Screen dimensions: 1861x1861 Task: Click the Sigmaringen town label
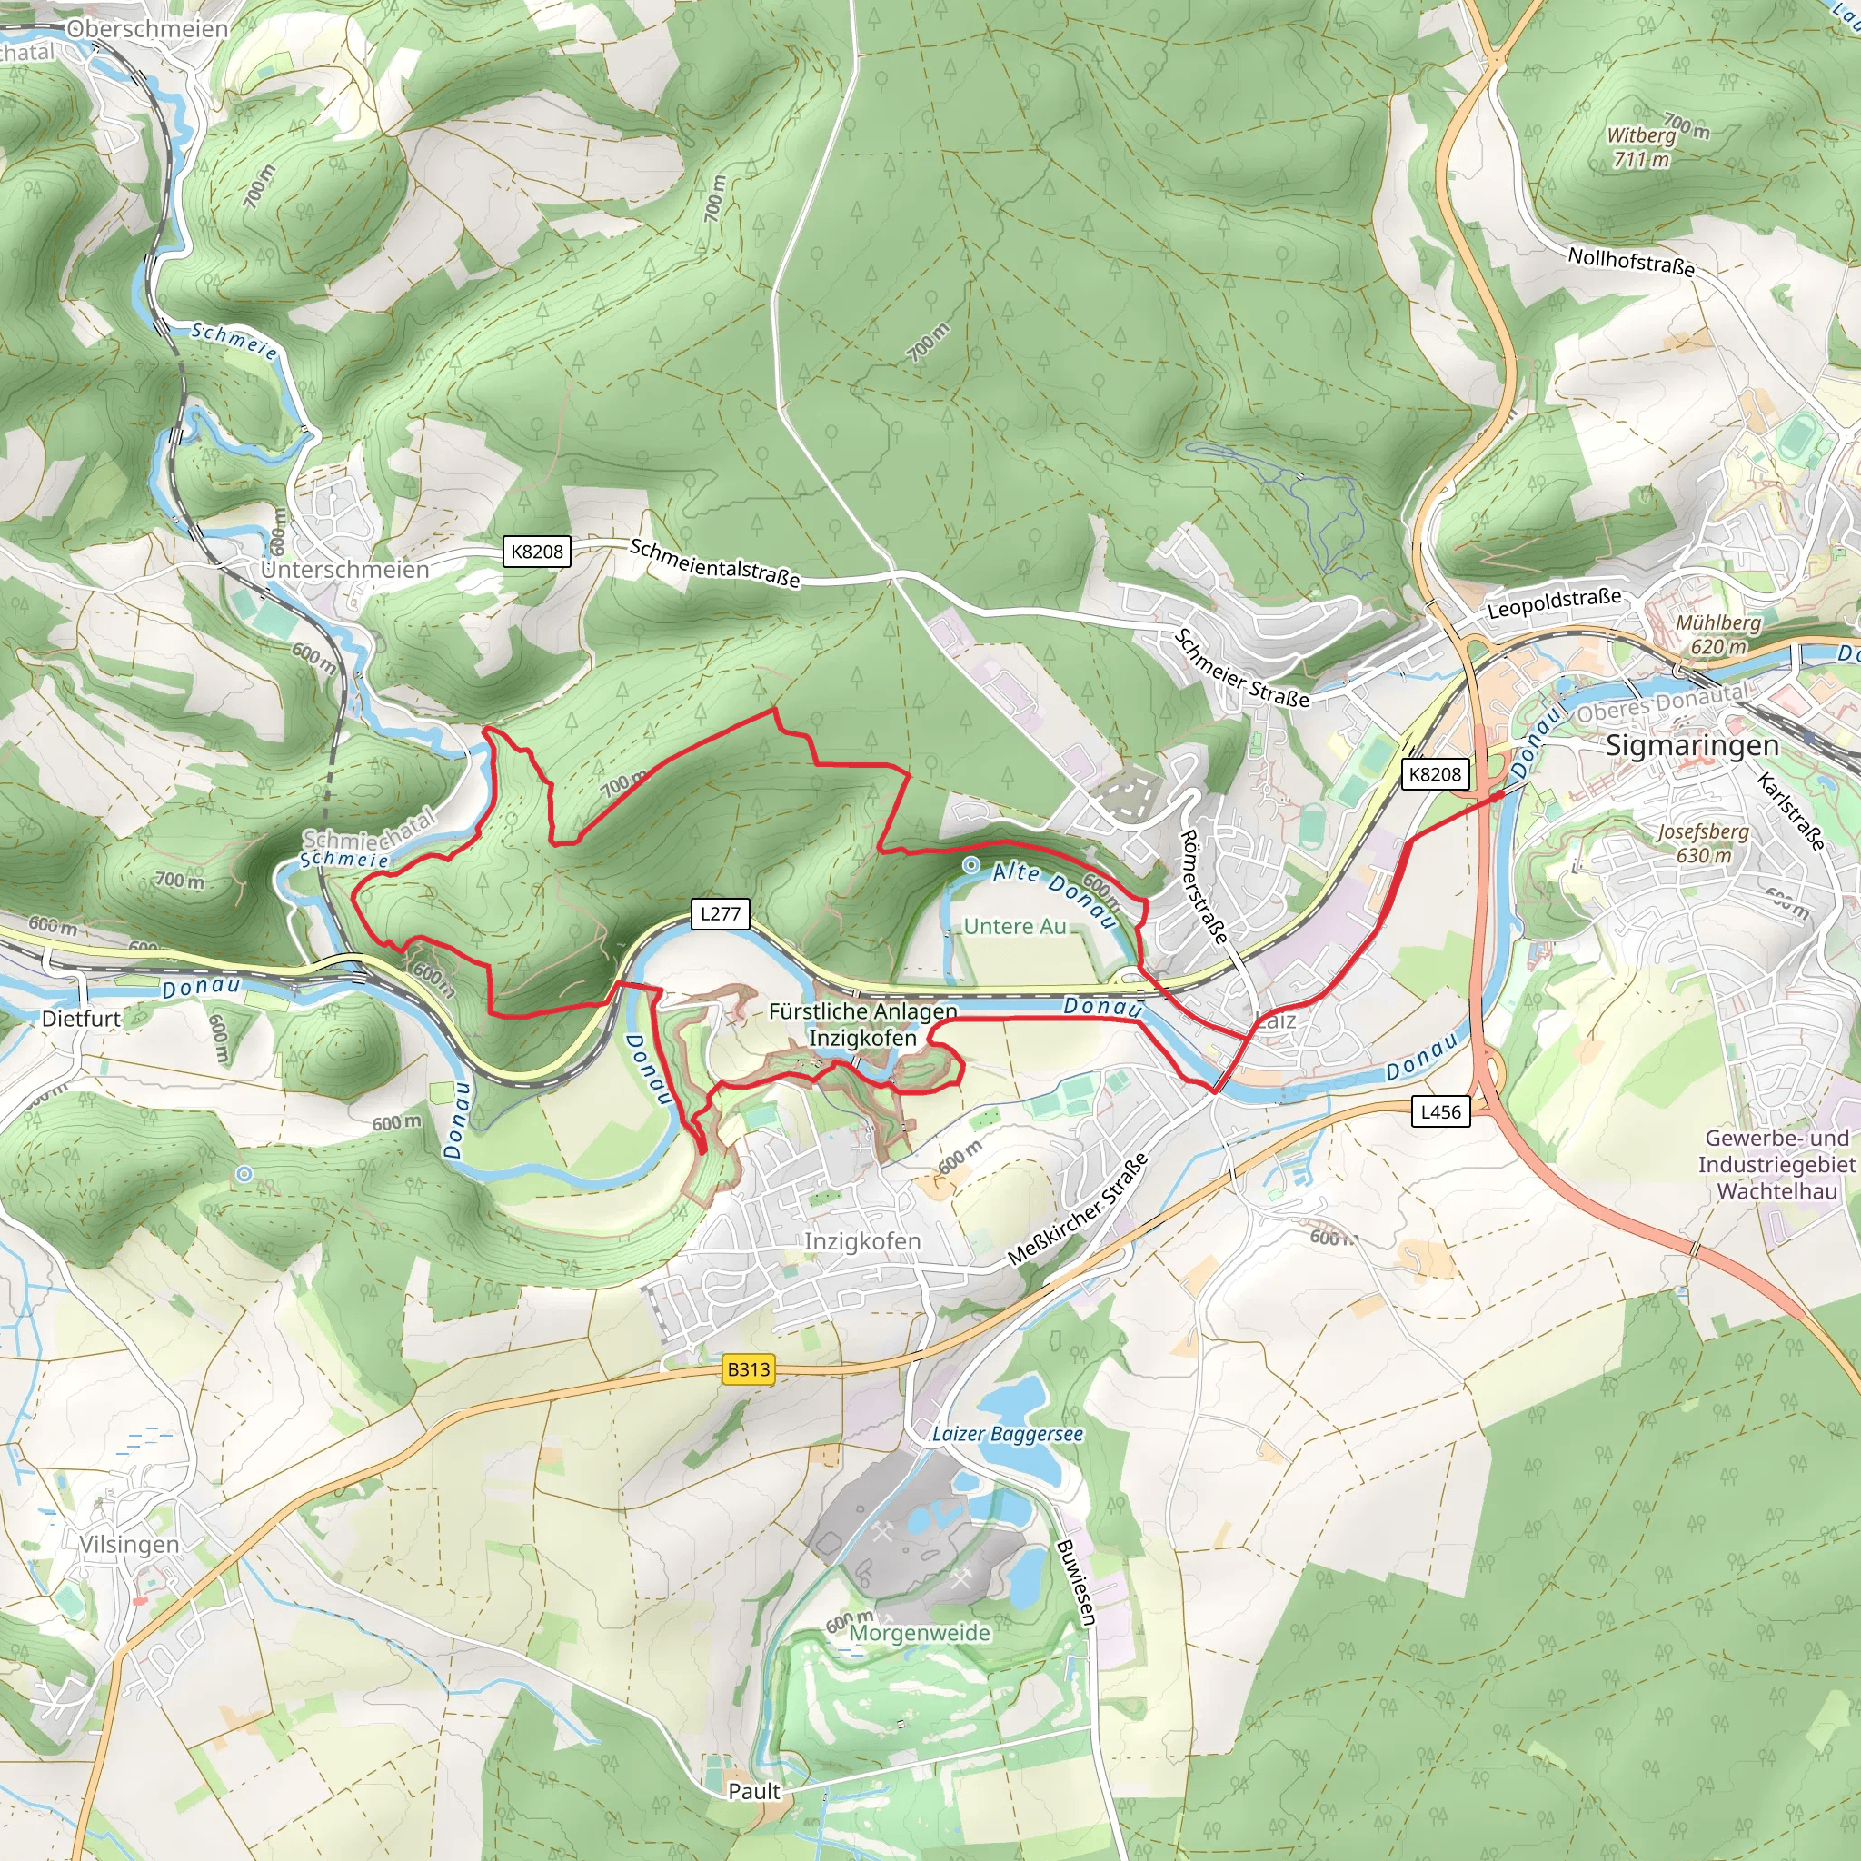click(1692, 745)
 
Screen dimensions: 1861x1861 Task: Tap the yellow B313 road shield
click(749, 1369)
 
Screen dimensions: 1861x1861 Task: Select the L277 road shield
click(720, 913)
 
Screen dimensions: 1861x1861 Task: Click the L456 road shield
click(1440, 1111)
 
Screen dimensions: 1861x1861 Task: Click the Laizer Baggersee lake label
click(1007, 1434)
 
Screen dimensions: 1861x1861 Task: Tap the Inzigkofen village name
click(862, 1241)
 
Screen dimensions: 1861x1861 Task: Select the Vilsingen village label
click(129, 1545)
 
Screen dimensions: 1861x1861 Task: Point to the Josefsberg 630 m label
click(1702, 843)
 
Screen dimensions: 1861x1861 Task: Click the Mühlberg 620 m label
click(1718, 634)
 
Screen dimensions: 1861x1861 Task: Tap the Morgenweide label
click(919, 1633)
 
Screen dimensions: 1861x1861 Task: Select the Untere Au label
click(1014, 927)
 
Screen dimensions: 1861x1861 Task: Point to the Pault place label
click(754, 1791)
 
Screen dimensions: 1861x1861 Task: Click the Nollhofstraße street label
click(1631, 261)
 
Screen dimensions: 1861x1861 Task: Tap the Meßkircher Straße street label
click(1078, 1209)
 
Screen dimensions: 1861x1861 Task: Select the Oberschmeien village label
click(147, 29)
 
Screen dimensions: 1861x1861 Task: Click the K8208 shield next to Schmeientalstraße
click(536, 551)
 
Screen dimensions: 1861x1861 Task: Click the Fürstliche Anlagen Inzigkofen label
click(862, 1024)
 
